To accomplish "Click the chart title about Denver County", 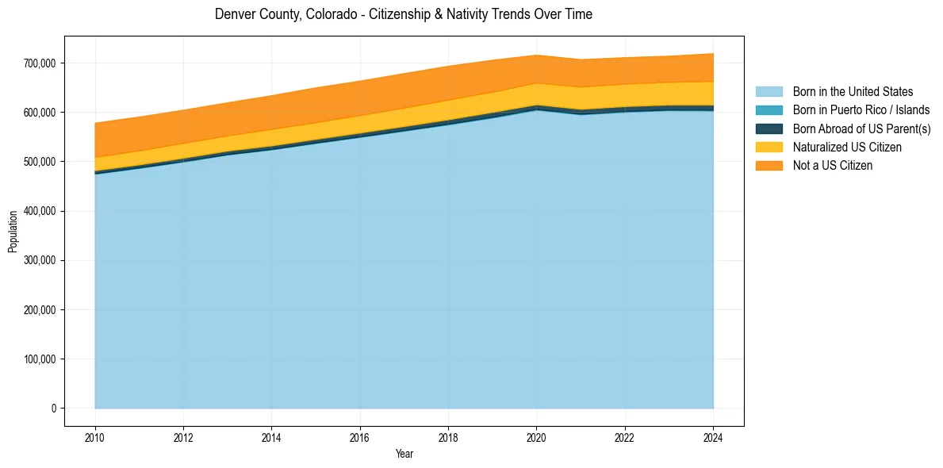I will pos(404,14).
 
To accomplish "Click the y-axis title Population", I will pos(13,232).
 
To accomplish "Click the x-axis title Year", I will pos(404,455).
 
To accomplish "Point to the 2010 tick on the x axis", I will pos(95,437).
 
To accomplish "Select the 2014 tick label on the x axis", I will pos(271,437).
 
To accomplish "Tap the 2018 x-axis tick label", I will pos(448,437).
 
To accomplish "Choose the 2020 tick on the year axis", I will pos(537,437).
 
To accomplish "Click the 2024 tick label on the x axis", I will pos(713,437).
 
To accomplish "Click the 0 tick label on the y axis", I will pos(54,409).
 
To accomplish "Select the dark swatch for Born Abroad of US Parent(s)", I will pos(769,129).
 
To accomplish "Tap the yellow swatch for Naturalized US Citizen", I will pos(769,148).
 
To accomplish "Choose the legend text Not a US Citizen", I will pos(832,166).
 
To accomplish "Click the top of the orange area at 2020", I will pos(537,56).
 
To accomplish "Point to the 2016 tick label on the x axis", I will pos(360,437).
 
